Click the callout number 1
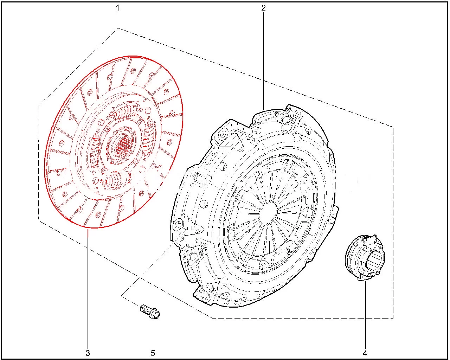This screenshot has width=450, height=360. [118, 8]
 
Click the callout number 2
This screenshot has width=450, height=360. [263, 8]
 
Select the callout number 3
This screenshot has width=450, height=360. [88, 353]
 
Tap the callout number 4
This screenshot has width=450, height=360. [365, 353]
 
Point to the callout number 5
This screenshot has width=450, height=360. [153, 353]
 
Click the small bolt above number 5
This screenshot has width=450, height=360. [150, 312]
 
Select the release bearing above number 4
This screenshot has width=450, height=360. [365, 257]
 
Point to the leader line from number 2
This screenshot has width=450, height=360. [263, 61]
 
